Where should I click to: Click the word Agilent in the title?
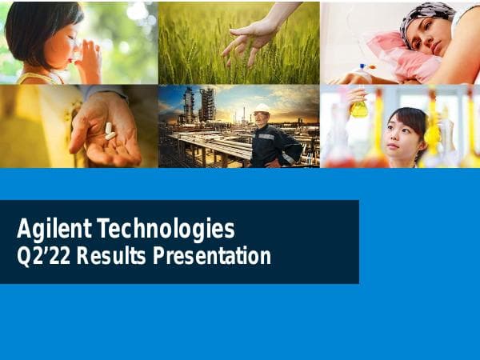pyautogui.click(x=54, y=230)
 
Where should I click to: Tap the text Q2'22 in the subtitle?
pyautogui.click(x=38, y=257)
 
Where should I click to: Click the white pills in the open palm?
pyautogui.click(x=109, y=130)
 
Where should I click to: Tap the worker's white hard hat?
pyautogui.click(x=261, y=108)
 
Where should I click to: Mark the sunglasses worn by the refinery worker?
pyautogui.click(x=262, y=116)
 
